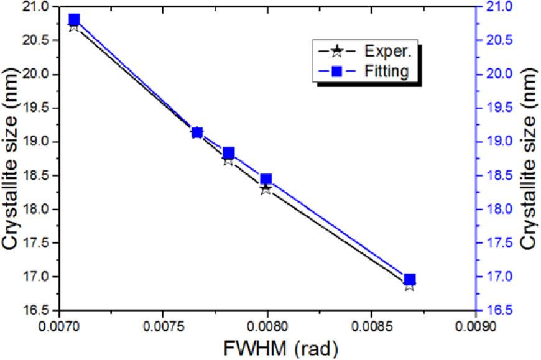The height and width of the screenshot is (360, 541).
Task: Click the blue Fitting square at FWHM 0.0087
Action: [x=409, y=279]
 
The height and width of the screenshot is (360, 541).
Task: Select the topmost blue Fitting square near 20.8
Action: [x=75, y=19]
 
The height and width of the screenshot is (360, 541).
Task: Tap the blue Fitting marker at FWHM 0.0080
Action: [x=266, y=179]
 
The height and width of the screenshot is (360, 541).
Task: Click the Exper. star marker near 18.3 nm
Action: [x=266, y=188]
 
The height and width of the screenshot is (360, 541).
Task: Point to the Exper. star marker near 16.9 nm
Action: [x=409, y=285]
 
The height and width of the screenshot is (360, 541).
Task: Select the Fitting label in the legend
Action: [x=387, y=72]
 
